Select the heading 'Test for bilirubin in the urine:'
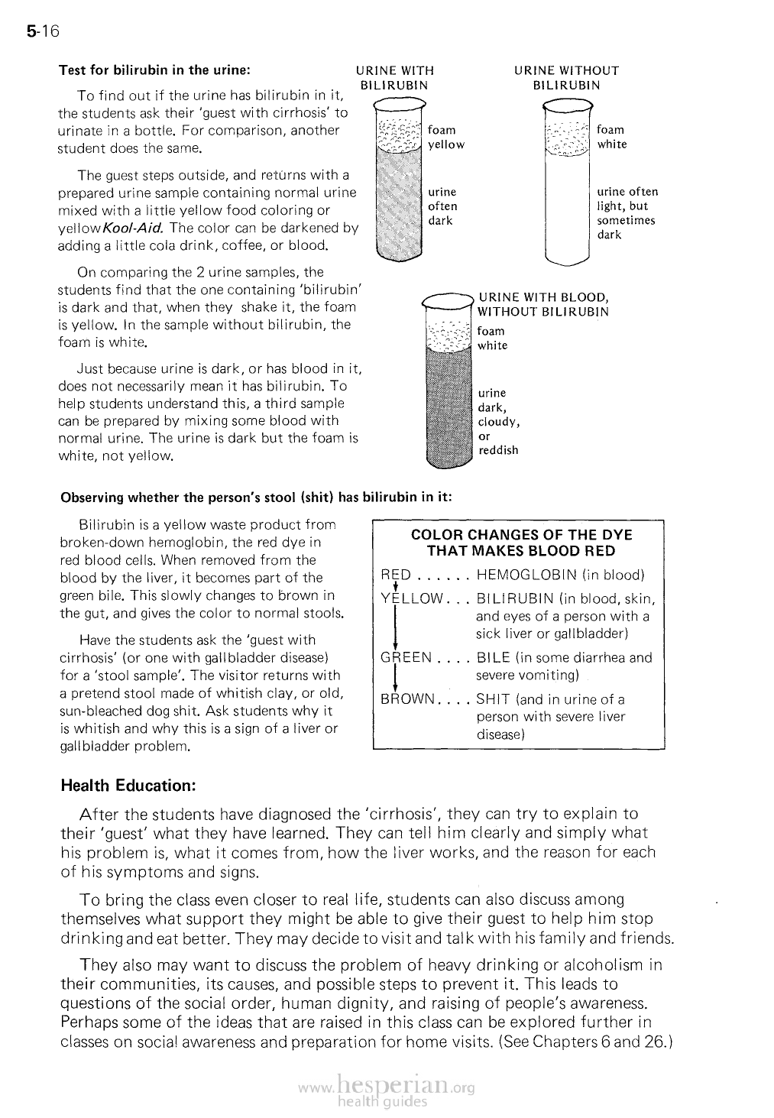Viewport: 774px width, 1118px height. pyautogui.click(x=155, y=70)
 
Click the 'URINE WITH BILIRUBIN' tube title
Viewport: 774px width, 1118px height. pyautogui.click(x=395, y=78)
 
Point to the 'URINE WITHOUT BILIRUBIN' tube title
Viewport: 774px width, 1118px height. pyautogui.click(x=566, y=78)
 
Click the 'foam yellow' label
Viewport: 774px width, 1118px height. pyautogui.click(x=446, y=138)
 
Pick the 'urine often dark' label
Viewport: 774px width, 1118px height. pyautogui.click(x=442, y=206)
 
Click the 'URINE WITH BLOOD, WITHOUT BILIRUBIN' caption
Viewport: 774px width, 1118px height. pyautogui.click(x=543, y=304)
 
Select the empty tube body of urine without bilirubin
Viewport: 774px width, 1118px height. pyautogui.click(x=567, y=206)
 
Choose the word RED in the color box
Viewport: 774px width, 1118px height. pyautogui.click(x=396, y=575)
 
